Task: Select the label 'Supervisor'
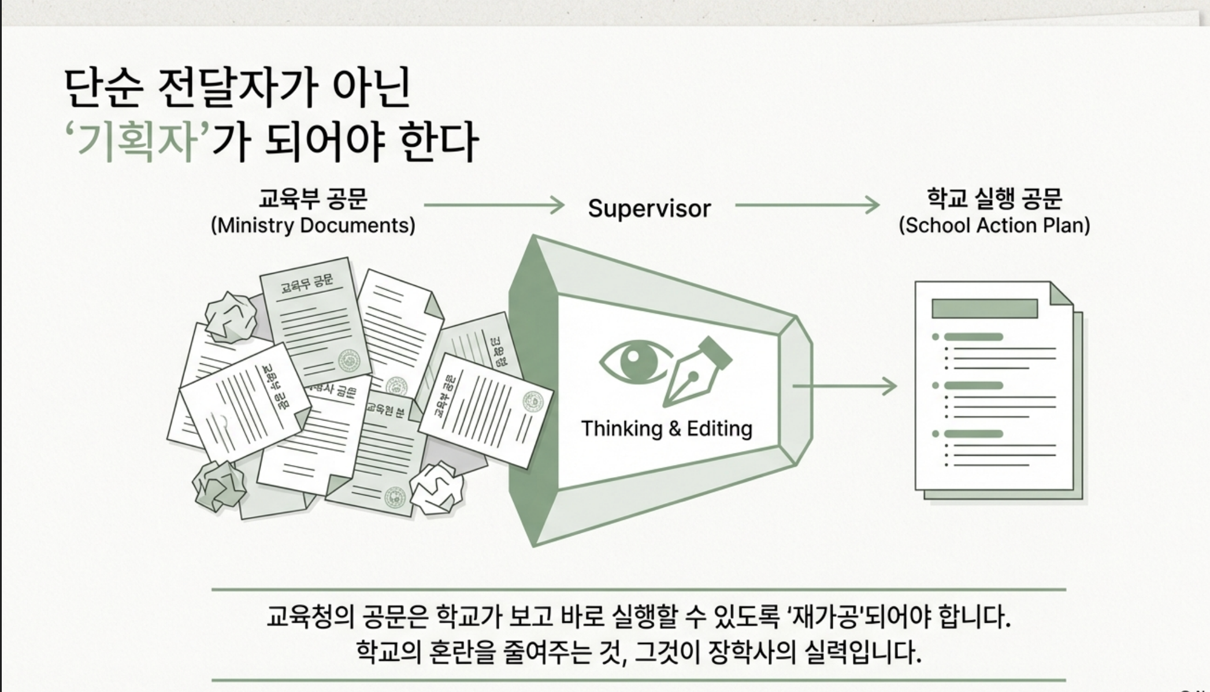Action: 649,209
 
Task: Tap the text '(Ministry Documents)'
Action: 313,225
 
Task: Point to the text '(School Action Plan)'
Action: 994,225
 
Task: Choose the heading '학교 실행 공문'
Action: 994,198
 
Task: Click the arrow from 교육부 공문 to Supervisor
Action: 494,205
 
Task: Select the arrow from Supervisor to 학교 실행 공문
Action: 807,205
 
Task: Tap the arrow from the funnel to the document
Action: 844,386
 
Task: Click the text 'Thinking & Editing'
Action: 666,429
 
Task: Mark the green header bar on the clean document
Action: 985,308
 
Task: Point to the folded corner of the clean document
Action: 1060,294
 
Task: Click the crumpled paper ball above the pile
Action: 231,318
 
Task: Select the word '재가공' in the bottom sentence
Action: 823,617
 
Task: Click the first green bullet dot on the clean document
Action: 936,337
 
